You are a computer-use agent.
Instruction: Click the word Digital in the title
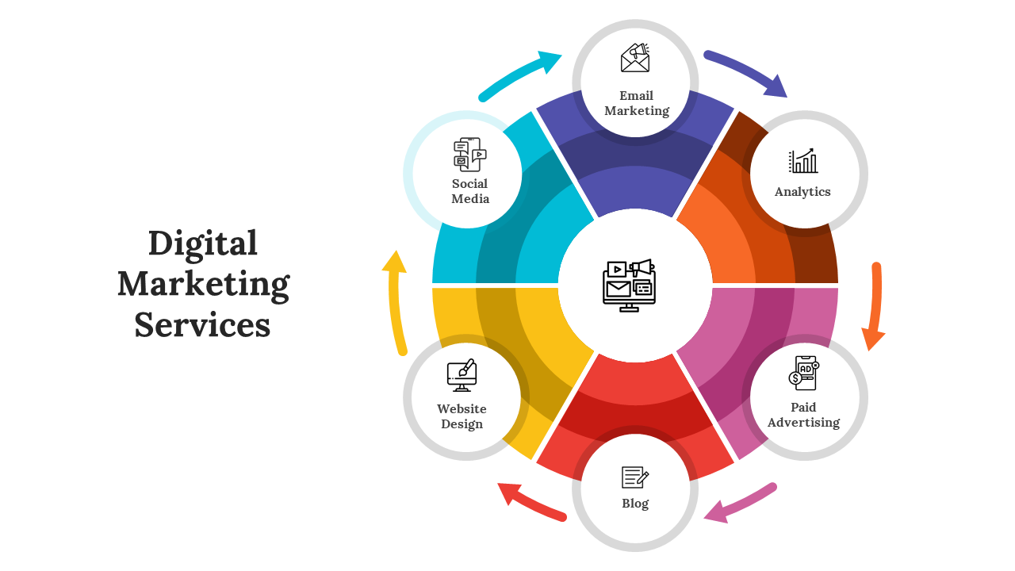(x=203, y=243)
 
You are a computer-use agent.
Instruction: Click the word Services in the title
(x=202, y=325)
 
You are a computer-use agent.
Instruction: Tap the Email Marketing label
(x=636, y=103)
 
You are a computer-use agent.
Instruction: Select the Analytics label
(x=802, y=192)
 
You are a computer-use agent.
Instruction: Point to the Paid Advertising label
(x=803, y=415)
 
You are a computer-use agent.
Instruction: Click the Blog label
(x=635, y=504)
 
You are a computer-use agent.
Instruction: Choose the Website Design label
(x=462, y=416)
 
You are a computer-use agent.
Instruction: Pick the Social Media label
(x=470, y=191)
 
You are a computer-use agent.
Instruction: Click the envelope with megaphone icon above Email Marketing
(x=635, y=59)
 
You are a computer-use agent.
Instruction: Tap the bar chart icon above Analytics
(x=802, y=161)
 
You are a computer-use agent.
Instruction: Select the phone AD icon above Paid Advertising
(x=803, y=373)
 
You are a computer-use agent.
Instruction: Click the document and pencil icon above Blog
(x=635, y=477)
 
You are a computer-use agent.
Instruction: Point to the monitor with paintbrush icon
(x=462, y=376)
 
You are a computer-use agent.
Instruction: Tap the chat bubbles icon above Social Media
(x=469, y=155)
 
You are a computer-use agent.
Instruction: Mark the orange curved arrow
(x=875, y=305)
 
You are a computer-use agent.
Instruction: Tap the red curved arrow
(x=531, y=503)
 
